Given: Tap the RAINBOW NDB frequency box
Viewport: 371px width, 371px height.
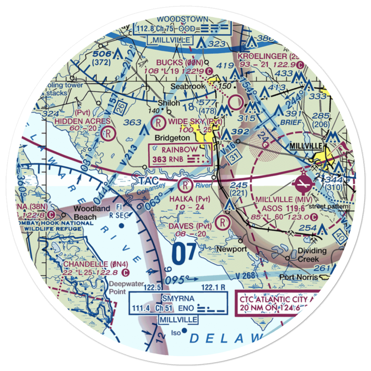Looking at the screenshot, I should point(181,155).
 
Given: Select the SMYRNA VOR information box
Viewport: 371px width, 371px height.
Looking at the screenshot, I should point(178,304).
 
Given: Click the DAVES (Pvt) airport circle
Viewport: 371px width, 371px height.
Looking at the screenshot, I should point(222,222).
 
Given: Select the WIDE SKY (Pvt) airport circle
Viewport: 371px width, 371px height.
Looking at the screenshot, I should point(158,121).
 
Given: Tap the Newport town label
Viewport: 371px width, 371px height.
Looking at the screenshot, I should point(232,249).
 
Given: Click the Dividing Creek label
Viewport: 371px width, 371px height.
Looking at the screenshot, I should point(312,255).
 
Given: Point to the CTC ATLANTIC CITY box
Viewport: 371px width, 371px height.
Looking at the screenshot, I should point(274,303).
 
